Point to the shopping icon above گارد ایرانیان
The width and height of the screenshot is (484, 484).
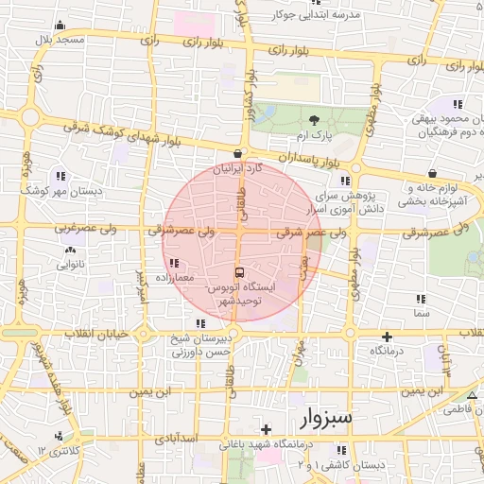click(237, 153)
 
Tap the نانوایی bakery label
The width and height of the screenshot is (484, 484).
click(71, 266)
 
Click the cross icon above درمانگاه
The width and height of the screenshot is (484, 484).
click(387, 337)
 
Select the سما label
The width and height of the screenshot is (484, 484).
click(422, 312)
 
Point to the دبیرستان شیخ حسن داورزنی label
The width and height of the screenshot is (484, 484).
click(200, 345)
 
